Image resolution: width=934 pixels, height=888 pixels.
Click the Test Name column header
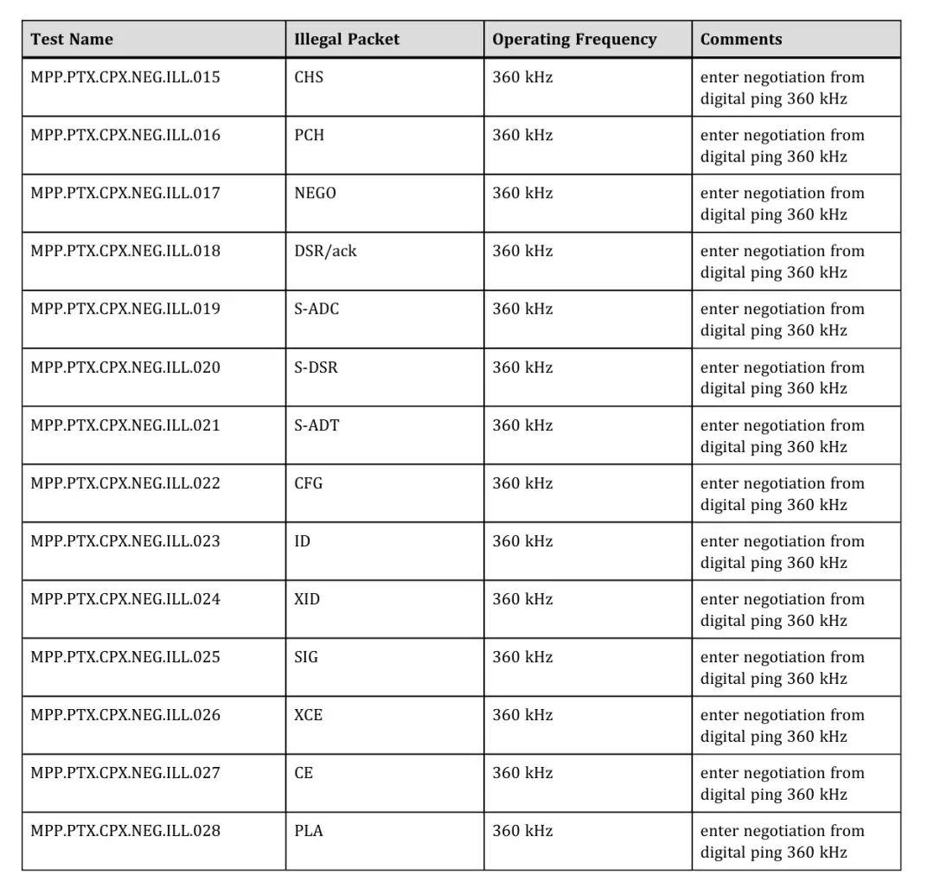[x=72, y=40]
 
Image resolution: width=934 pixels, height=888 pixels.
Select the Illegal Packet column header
[x=347, y=40]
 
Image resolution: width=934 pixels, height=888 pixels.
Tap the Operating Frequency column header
[x=574, y=40]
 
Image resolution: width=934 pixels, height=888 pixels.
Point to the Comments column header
[x=740, y=40]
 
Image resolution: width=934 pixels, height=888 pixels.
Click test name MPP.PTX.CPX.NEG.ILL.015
[x=125, y=78]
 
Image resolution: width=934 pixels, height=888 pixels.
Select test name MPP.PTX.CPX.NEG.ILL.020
[x=125, y=368]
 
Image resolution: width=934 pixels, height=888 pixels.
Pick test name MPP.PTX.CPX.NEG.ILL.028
[x=125, y=832]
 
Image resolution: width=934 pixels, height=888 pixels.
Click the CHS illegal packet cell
[x=309, y=78]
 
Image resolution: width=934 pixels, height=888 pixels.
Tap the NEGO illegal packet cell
[x=315, y=194]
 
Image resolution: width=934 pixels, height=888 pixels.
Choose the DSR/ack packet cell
[x=325, y=252]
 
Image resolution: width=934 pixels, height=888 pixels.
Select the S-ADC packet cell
[x=317, y=310]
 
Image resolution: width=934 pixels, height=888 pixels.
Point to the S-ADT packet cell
[x=317, y=426]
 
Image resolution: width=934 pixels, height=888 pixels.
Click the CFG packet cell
[x=309, y=484]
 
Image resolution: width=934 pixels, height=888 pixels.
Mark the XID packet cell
[x=307, y=600]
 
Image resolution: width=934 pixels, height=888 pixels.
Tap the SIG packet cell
[x=306, y=658]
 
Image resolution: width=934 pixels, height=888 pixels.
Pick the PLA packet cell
[x=309, y=832]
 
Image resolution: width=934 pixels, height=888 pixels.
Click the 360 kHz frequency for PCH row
[x=522, y=136]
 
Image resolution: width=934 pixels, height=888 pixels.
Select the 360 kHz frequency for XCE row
[x=522, y=716]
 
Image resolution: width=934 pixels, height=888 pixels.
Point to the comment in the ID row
[x=782, y=553]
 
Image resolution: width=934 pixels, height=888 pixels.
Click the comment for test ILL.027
[x=782, y=784]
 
